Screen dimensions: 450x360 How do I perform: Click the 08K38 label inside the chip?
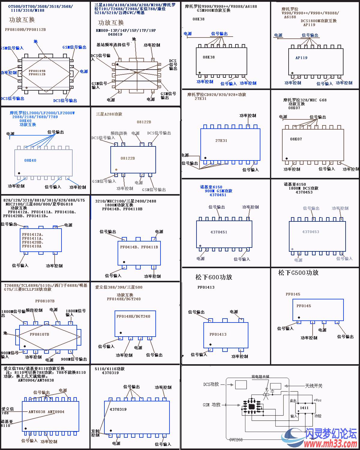208,57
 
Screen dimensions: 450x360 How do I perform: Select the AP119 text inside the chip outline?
301,58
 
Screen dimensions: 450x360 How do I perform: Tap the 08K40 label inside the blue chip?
30,160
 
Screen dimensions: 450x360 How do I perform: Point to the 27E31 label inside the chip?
221,140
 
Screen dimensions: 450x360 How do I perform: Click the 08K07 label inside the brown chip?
296,139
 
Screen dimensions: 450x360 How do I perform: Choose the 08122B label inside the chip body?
127,158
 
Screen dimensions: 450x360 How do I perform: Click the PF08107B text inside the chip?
39,334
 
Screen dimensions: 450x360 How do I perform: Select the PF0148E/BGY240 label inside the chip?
133,316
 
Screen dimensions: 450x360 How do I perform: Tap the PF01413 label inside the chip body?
218,334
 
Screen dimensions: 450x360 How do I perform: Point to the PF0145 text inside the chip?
304,306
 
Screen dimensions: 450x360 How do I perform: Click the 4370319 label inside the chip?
118,409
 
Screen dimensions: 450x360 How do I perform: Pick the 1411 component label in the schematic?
304,408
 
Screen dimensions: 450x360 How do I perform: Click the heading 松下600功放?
214,277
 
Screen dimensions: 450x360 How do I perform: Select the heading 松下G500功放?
298,273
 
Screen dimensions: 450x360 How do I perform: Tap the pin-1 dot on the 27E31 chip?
205,158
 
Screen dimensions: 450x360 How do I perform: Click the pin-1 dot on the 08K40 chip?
19,173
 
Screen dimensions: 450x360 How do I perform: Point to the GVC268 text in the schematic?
236,440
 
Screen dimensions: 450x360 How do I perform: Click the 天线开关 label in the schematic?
313,386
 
